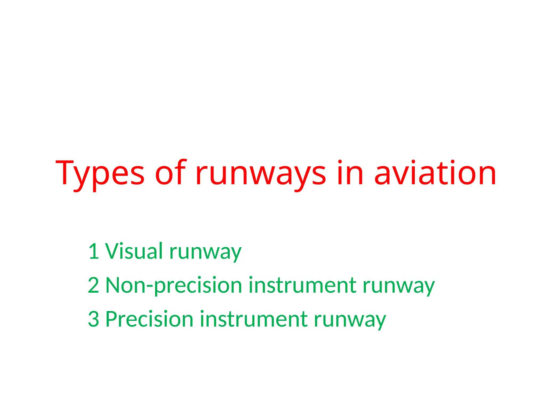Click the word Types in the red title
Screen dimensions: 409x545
coord(100,173)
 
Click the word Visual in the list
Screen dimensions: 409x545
coord(134,251)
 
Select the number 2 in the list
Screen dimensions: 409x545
coord(93,285)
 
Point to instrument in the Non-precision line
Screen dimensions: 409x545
coord(303,285)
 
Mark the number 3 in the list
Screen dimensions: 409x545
coord(93,319)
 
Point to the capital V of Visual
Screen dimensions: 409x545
coord(113,251)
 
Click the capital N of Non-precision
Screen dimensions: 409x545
coord(114,285)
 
